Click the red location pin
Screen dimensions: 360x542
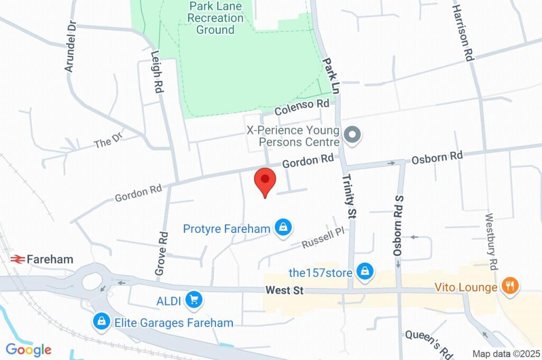click(265, 181)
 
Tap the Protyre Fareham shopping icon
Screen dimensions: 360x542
click(284, 228)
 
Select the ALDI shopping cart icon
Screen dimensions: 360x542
click(194, 300)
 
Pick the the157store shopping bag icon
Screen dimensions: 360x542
click(364, 272)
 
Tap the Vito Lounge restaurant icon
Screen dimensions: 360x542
click(510, 286)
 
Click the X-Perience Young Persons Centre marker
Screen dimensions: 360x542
click(351, 135)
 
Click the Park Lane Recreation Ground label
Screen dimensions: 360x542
click(215, 19)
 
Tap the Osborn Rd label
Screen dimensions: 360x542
click(437, 157)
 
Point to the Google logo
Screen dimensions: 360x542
click(29, 349)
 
